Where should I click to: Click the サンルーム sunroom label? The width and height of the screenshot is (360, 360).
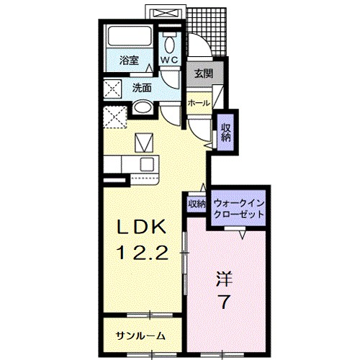coord(141,336)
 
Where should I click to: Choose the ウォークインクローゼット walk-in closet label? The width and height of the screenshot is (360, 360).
coord(240,209)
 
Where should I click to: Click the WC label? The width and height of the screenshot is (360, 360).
coord(170,60)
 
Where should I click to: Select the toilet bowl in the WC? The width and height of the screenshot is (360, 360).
coord(170,42)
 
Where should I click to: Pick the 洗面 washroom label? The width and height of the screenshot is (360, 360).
coord(142,88)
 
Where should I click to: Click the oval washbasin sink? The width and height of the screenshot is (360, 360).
coord(143,110)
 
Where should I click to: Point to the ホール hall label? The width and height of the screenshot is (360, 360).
coord(199,103)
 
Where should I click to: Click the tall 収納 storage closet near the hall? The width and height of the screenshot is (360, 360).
coord(226,132)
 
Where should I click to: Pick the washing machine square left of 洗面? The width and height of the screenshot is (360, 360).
coord(113,89)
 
